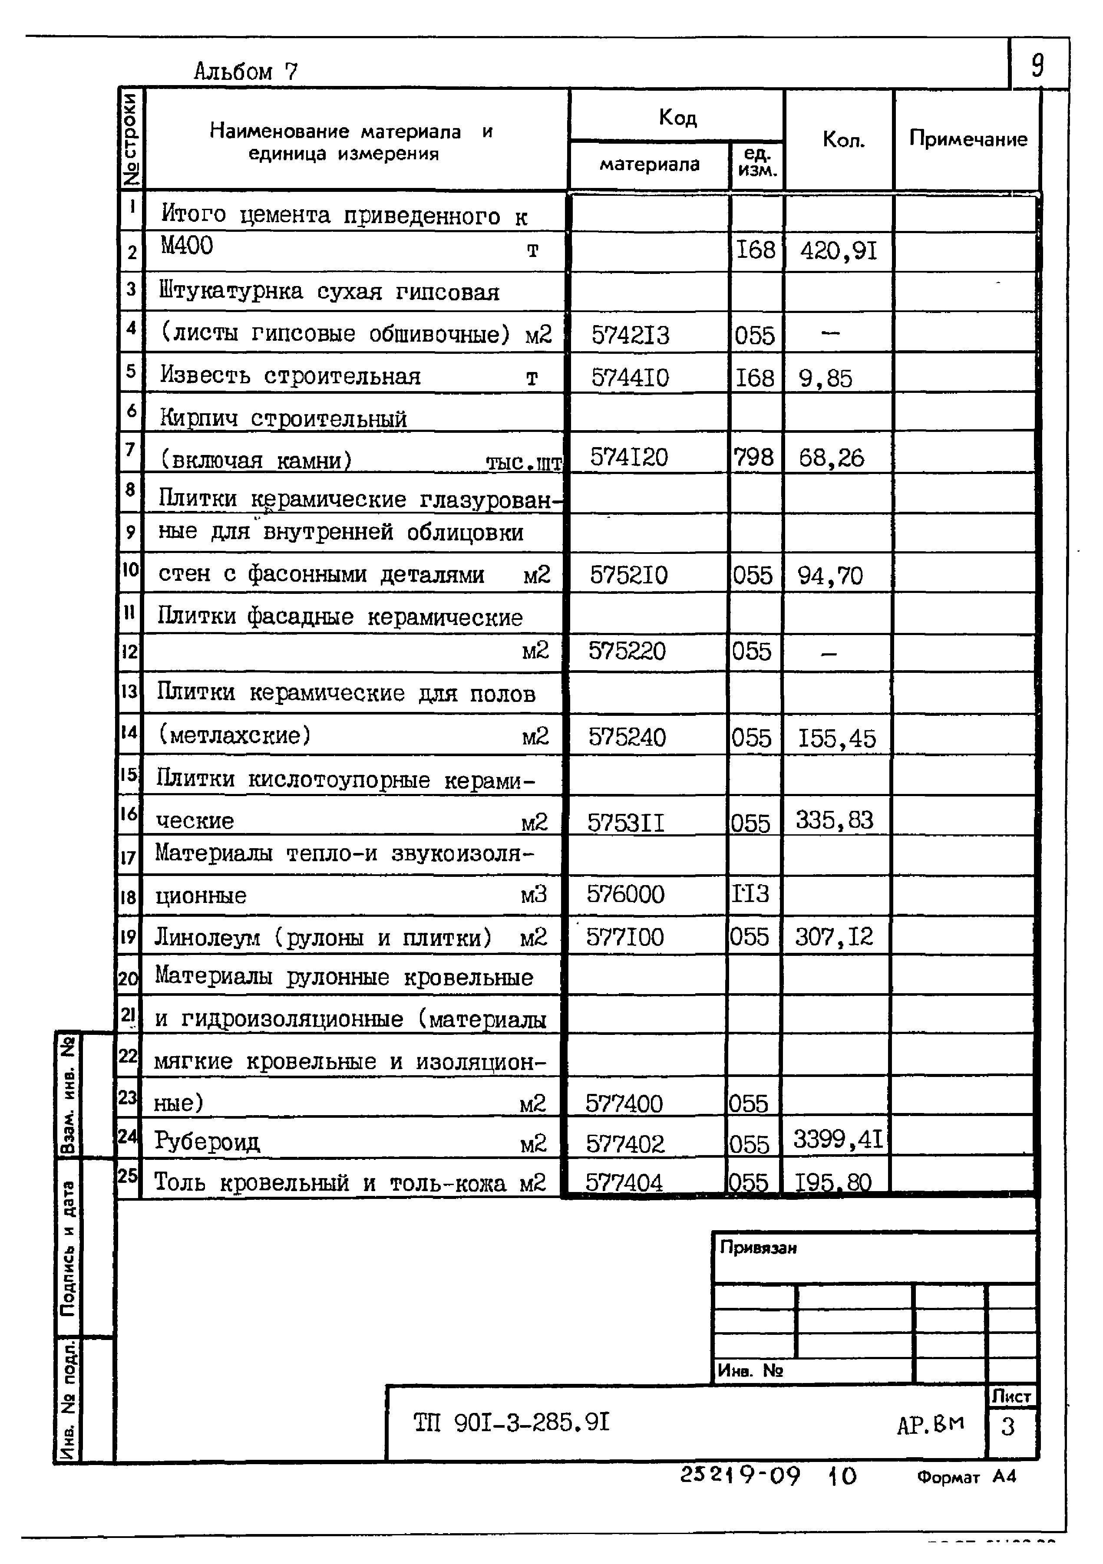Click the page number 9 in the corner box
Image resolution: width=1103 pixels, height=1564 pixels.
[x=1037, y=66]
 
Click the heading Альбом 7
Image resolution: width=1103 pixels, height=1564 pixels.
[x=246, y=71]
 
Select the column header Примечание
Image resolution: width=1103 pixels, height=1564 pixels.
[x=968, y=139]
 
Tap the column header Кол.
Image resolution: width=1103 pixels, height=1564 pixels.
[x=843, y=140]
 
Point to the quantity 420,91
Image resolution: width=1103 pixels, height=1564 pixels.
[x=838, y=251]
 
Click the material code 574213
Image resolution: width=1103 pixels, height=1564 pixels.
[x=630, y=335]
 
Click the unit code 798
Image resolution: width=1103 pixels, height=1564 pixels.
[x=753, y=456]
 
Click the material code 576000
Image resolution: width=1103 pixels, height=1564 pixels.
[x=625, y=894]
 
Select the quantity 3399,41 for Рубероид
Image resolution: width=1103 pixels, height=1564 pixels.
[x=838, y=1139]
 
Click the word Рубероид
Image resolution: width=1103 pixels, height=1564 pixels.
[x=207, y=1141]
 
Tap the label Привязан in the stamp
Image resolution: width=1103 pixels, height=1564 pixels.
[x=758, y=1248]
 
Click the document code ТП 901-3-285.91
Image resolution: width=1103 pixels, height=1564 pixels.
[x=511, y=1422]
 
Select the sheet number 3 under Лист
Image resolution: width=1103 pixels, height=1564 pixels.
[x=1008, y=1426]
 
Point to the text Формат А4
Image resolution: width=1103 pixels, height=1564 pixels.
[x=966, y=1477]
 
